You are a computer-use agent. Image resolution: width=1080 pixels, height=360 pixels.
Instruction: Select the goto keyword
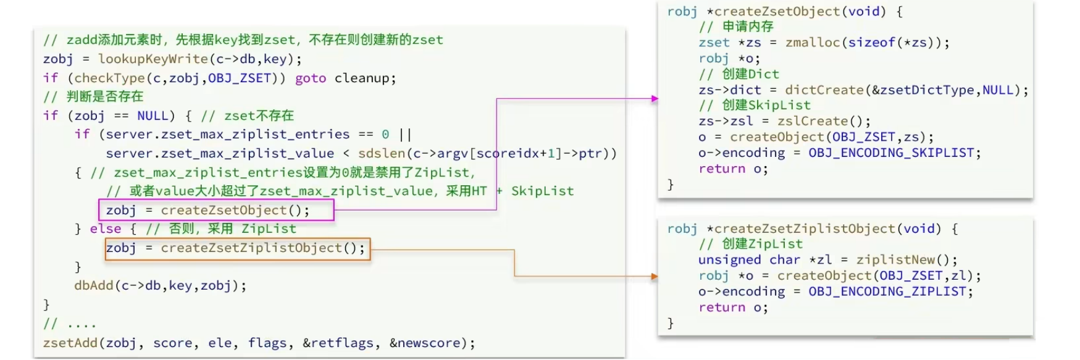[x=311, y=78]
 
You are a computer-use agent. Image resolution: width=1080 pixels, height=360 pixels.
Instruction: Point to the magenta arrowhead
[x=655, y=99]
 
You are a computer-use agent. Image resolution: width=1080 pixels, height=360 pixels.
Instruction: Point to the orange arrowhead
[x=655, y=277]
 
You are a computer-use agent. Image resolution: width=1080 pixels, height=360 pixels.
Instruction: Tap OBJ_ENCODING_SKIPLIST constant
[x=891, y=153]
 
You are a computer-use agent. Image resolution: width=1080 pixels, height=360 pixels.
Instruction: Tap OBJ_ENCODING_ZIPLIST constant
[x=887, y=291]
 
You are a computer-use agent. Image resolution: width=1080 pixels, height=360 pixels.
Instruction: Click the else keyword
[x=106, y=229]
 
